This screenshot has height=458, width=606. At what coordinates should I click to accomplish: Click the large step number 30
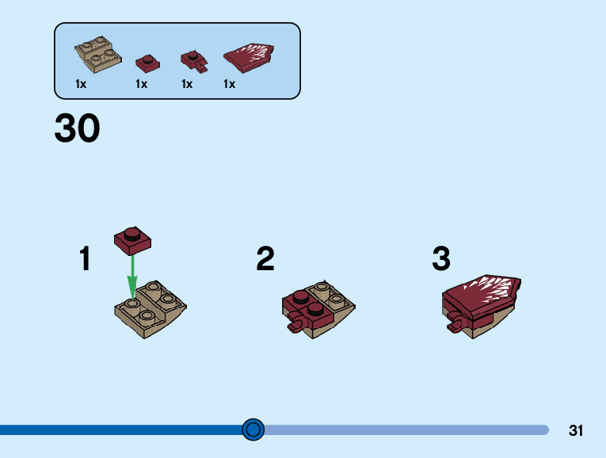coord(77,128)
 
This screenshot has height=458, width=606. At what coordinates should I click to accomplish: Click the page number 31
coord(576,431)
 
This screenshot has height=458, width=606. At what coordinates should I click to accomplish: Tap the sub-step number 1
coord(85,259)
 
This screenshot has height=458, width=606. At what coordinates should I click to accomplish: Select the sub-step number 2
coord(265,259)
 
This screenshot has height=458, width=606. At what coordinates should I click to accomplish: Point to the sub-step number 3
coord(441,259)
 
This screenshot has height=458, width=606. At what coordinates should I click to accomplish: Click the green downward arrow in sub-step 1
coord(132,274)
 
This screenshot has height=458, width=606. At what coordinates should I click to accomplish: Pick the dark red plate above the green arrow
coord(132,239)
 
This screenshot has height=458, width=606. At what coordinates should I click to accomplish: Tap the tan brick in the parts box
coord(98,54)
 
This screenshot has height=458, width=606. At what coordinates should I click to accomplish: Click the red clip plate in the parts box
coord(192,60)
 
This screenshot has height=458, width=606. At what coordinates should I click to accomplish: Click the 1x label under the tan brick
coord(81,84)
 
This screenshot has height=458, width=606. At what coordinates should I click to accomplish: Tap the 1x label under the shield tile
coord(230,84)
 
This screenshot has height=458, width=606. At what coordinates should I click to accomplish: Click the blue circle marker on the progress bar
coord(253,429)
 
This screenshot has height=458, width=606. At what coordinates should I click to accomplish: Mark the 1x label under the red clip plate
coord(187,84)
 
